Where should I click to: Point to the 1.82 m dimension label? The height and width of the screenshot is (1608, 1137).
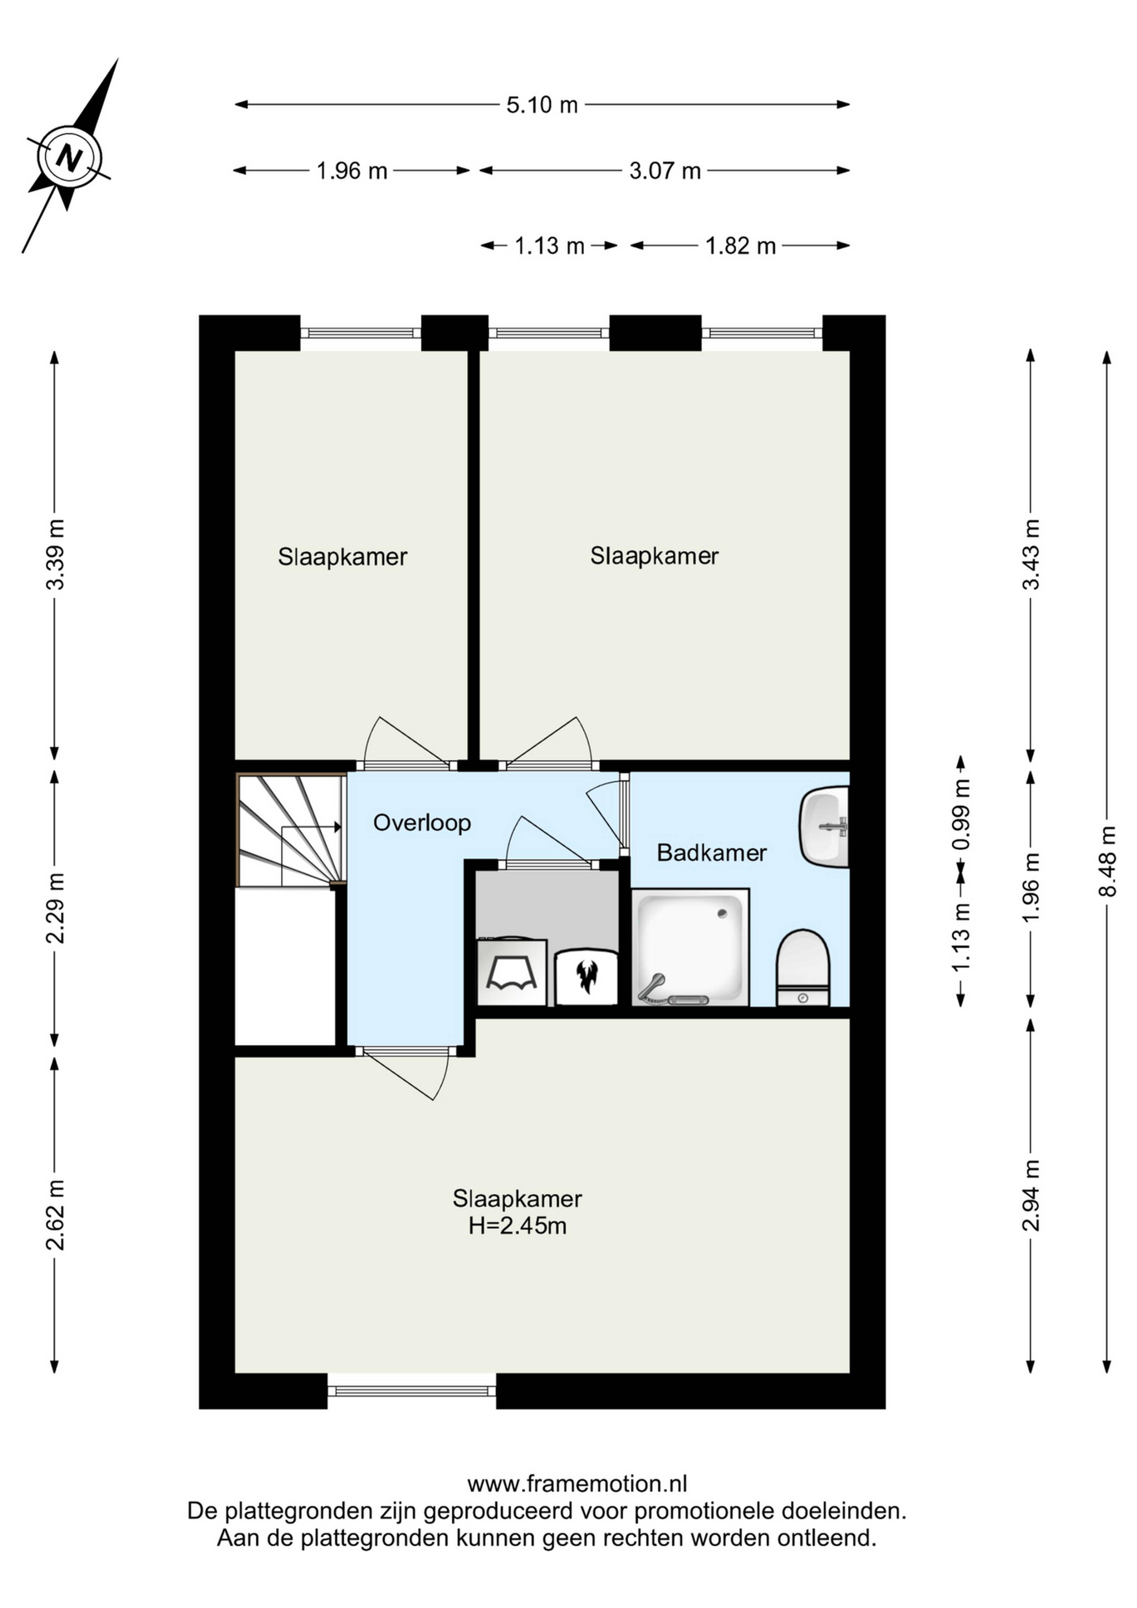pyautogui.click(x=741, y=246)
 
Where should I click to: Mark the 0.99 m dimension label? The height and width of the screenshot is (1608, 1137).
pyautogui.click(x=963, y=815)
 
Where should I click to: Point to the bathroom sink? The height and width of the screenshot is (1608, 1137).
pyautogui.click(x=824, y=826)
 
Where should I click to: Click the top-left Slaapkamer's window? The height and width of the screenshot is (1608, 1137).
pyautogui.click(x=361, y=334)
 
